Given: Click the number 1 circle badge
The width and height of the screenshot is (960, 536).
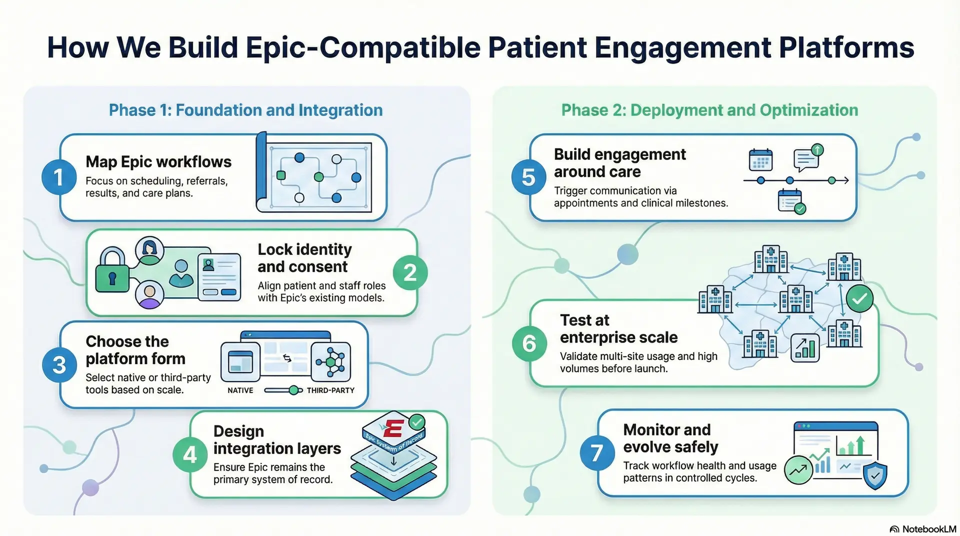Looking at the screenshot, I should [58, 177].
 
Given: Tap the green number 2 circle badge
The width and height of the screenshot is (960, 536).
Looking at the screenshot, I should [409, 273].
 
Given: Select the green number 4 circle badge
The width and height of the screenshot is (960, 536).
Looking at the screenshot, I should [190, 455].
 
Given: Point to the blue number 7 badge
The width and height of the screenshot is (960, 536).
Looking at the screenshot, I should [596, 453].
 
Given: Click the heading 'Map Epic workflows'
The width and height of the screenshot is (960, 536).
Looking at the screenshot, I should [158, 162].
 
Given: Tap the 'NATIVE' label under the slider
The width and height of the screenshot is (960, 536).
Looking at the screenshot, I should [240, 390].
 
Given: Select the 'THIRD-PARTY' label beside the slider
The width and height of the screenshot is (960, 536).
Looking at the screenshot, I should [330, 390].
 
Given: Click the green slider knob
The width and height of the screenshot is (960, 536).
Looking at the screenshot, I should [294, 390].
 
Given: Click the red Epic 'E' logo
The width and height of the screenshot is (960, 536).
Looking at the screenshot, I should [393, 429].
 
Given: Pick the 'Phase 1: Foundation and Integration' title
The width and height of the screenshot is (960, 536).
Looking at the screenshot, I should [245, 110].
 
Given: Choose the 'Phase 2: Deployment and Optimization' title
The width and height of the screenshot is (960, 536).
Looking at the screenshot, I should [709, 110].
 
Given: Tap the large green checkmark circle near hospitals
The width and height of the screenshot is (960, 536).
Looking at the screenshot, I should [859, 299].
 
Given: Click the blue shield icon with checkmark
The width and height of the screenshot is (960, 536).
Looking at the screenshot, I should [875, 475].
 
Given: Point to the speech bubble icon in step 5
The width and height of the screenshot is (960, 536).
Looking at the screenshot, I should [806, 159].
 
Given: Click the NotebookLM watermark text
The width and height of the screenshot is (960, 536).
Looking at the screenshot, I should [928, 529].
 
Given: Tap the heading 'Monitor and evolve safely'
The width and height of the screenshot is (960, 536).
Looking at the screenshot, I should [670, 438].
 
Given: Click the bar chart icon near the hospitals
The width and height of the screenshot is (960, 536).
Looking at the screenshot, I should [804, 347].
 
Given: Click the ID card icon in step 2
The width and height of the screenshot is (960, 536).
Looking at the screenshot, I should [219, 277].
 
